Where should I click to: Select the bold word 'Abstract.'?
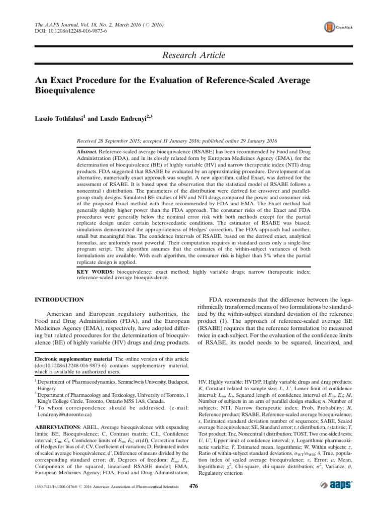click(x=86, y=151)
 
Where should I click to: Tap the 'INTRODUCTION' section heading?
click(x=58, y=299)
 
